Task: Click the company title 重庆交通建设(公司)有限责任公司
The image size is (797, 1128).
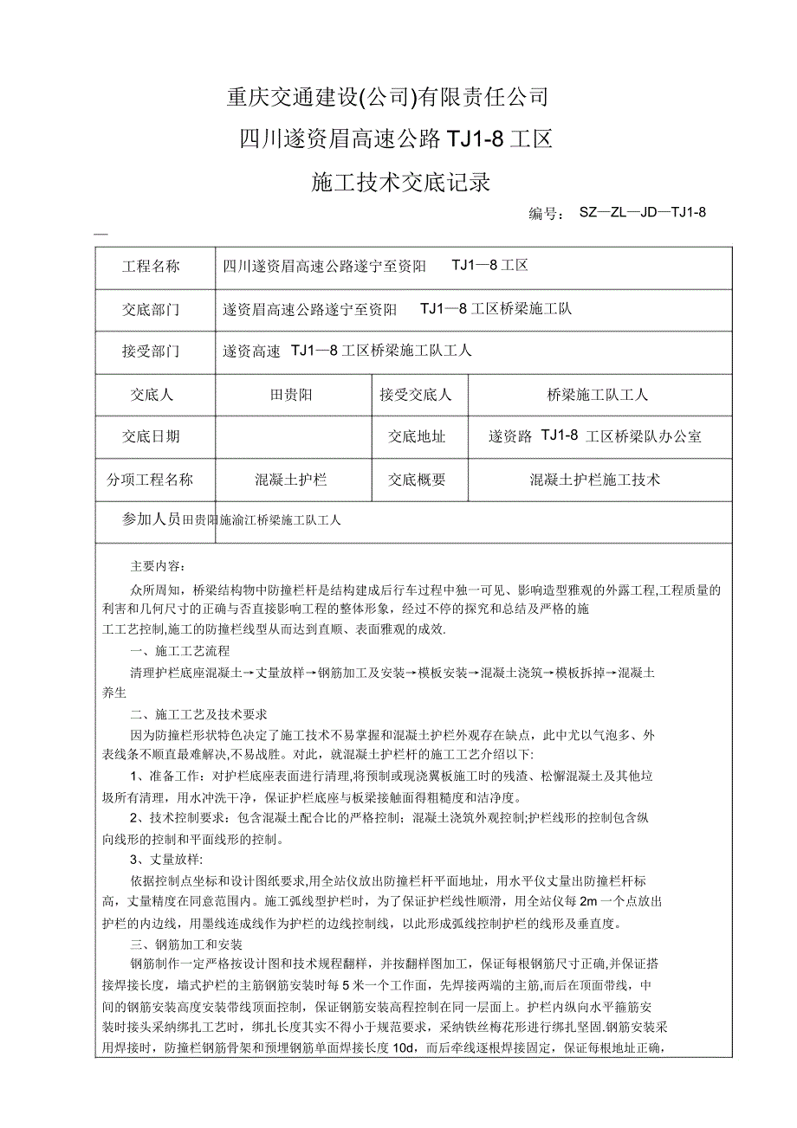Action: coord(387,97)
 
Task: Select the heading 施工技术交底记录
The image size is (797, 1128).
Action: coord(400,183)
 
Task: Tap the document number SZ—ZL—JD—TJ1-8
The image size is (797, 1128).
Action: coord(644,213)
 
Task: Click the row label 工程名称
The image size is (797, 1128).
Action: coord(152,267)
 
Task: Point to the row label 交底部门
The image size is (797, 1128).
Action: coord(152,309)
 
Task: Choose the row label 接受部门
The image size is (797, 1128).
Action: coord(152,351)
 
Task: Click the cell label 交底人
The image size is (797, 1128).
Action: coord(152,395)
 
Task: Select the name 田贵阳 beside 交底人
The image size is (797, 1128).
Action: coord(292,395)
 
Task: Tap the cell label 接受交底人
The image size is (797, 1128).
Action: coord(416,395)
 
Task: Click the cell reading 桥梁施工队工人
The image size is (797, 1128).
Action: coord(598,395)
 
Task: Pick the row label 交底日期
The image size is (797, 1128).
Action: coord(152,436)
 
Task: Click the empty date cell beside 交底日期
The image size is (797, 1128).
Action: coord(292,436)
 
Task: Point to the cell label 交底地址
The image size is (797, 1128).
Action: coord(417,436)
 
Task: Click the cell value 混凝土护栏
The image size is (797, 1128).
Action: coord(291,479)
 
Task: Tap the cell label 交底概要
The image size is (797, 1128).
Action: coord(417,479)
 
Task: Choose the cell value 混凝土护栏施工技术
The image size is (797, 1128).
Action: coord(595,479)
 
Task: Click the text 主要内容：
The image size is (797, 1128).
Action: coord(157,566)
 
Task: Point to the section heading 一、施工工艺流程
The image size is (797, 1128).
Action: coord(179,651)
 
